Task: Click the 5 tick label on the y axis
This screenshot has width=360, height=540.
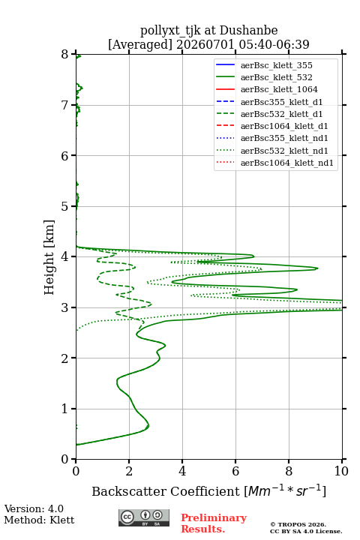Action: point(65,206)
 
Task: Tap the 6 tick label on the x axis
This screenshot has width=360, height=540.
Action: point(235,471)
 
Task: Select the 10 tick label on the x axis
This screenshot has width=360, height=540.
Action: point(341,471)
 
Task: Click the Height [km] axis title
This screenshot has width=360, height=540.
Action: point(49,257)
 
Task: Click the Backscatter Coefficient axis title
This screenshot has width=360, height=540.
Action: point(208,491)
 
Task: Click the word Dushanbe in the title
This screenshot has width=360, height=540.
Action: point(248,31)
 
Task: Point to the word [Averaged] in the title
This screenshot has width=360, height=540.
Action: point(140,44)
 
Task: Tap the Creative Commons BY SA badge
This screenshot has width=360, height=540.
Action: point(144,517)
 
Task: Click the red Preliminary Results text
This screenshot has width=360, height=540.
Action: point(214,523)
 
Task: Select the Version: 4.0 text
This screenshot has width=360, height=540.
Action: point(34,509)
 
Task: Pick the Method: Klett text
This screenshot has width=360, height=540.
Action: point(39,520)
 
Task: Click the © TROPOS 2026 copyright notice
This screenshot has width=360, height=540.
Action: point(298,524)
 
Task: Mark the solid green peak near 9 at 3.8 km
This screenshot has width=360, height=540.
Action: point(317,268)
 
